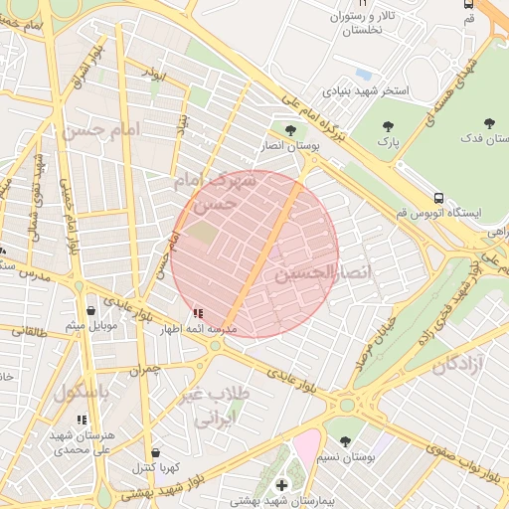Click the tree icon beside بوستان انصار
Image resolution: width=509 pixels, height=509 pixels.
[x=290, y=130]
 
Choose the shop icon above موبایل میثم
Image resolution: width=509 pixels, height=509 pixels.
[x=91, y=310]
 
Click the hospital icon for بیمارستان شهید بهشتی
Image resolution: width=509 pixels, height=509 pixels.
[x=282, y=484]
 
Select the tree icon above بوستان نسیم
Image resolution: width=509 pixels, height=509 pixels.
[x=345, y=440]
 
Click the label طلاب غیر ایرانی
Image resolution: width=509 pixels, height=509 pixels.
[x=216, y=407]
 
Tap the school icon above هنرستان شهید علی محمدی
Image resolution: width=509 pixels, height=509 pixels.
[x=82, y=420]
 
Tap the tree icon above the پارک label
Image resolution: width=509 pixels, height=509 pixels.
[x=389, y=126]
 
